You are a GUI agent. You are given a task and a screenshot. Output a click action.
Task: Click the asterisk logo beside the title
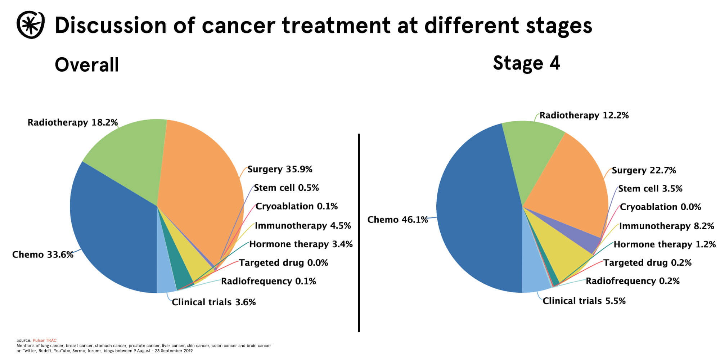point(31,25)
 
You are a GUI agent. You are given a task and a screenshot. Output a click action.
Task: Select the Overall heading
point(87,65)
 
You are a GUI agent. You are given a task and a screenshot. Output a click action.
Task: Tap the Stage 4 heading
point(526,63)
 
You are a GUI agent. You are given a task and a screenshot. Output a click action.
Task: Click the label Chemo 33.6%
point(42,255)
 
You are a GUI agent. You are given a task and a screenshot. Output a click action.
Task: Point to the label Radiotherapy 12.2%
point(584,116)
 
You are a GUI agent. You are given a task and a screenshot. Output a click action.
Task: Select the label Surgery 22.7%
point(644,170)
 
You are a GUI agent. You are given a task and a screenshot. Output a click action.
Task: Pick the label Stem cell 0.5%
point(286,188)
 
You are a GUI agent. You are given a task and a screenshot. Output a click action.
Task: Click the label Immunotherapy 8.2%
point(666,226)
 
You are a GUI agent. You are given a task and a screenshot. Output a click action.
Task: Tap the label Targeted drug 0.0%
point(283,263)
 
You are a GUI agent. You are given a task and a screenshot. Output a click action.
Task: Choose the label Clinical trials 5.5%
point(584,301)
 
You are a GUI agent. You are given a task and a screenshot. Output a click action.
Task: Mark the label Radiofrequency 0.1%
point(268,281)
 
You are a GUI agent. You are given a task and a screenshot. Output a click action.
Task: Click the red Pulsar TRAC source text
point(45,340)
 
